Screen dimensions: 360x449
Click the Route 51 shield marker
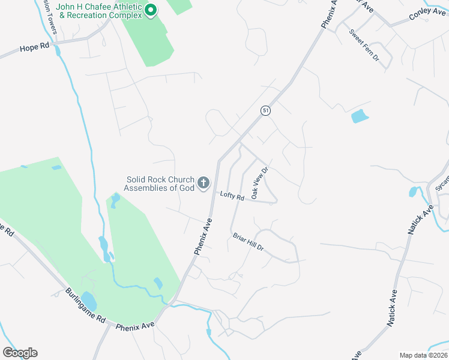265,110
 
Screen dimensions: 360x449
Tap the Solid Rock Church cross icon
203,183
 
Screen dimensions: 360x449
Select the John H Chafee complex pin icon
151,11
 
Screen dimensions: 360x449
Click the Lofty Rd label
232,196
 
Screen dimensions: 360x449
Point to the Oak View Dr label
259,184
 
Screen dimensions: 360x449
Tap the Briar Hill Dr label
248,242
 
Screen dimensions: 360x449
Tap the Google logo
20,353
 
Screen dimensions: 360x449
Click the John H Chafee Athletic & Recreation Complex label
99,11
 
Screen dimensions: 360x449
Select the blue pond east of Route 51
359,116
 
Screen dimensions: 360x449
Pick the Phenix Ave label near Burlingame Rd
135,327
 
